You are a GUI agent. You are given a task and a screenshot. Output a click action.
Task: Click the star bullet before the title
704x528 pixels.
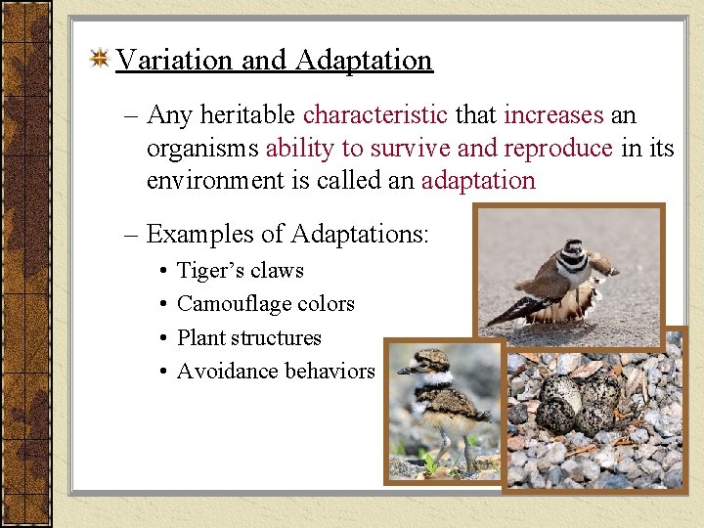(99, 61)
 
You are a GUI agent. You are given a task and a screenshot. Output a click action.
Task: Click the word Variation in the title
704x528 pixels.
(174, 61)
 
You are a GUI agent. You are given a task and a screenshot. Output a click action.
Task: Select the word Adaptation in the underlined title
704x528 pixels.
(363, 61)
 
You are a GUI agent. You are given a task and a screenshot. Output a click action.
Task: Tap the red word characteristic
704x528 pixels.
(375, 115)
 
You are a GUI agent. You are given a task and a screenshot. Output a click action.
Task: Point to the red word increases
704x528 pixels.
(553, 115)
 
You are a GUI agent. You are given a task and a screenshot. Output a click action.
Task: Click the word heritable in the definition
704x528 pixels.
(248, 115)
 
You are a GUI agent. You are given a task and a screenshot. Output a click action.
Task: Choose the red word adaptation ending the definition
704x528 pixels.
(478, 181)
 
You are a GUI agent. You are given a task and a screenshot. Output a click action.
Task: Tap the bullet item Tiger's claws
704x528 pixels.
(240, 271)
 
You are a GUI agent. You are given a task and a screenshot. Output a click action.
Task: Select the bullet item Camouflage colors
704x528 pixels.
(265, 304)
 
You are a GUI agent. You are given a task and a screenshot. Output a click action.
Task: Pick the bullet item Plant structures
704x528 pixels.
(248, 337)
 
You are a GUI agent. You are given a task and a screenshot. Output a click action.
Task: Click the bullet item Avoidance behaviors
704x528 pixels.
(276, 371)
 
